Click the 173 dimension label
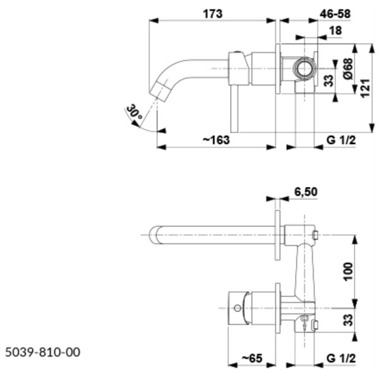(x=212, y=14)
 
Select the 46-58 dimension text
(x=335, y=14)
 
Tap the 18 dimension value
(x=335, y=30)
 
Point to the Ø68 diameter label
(x=348, y=69)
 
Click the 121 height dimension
(x=365, y=88)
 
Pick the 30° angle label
(x=134, y=111)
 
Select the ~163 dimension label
(x=216, y=140)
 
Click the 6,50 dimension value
(x=306, y=191)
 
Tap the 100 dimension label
(x=348, y=272)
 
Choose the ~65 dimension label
(x=252, y=358)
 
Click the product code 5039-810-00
(x=42, y=352)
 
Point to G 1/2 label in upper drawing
(x=341, y=140)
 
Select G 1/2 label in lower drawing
(x=341, y=358)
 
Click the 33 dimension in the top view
(x=328, y=81)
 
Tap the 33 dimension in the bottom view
(x=348, y=320)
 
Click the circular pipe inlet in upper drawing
(x=304, y=69)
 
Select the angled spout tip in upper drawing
(x=160, y=90)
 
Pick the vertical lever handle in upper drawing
(x=234, y=109)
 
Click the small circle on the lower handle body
(x=238, y=308)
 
